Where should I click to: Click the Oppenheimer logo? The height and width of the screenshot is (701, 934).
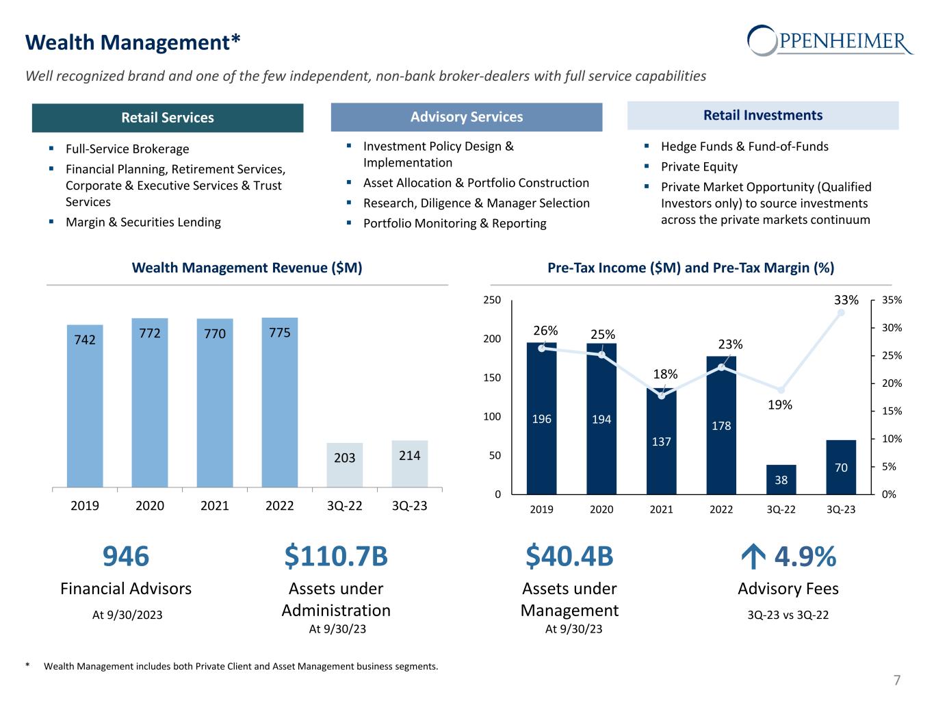tap(829, 41)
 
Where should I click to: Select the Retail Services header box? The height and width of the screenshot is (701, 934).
tap(168, 118)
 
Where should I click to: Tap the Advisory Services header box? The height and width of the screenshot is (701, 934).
tap(467, 117)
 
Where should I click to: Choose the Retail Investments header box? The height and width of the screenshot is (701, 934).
tap(763, 116)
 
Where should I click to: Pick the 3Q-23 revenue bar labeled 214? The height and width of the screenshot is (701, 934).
tap(410, 463)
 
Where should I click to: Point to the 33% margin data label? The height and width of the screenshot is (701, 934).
tap(846, 300)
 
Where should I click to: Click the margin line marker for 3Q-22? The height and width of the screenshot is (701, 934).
tap(781, 390)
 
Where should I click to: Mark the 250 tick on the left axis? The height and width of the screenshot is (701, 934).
tap(493, 300)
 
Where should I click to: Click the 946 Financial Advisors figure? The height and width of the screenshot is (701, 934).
tap(126, 557)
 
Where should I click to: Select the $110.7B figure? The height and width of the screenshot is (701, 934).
tap(336, 557)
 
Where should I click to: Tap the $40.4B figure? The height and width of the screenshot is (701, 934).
tap(569, 557)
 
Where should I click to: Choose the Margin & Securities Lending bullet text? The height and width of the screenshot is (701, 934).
tap(143, 222)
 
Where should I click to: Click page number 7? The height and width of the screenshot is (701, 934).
tap(897, 680)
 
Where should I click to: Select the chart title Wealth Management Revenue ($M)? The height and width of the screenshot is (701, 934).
tap(247, 268)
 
